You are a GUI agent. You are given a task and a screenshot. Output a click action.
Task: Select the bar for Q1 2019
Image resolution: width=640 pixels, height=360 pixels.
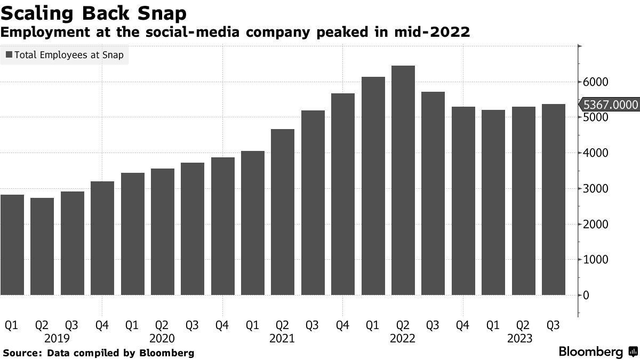pos(12,245)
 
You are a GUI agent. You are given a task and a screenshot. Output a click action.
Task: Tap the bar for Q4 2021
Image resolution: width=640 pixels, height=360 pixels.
pos(343,194)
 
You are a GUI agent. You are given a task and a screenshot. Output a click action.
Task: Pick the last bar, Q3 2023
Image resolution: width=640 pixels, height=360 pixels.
pos(554,199)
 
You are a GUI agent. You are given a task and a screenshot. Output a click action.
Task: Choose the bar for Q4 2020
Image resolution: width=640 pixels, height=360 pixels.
pos(222,226)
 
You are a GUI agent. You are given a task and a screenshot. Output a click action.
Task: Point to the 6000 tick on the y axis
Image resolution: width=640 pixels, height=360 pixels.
pos(595,82)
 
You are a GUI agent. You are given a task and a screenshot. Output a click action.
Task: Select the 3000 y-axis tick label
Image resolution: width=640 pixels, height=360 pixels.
pos(595,189)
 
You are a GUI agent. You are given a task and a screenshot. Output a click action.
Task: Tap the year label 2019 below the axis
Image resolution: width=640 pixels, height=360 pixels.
pos(57,338)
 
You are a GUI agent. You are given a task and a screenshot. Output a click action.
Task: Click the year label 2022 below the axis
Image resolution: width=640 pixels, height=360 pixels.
pos(403,338)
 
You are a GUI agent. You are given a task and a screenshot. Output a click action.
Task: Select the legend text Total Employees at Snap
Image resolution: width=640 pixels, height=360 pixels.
pos(69,54)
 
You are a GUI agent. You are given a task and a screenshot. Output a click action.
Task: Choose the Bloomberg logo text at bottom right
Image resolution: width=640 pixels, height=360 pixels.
pos(590,352)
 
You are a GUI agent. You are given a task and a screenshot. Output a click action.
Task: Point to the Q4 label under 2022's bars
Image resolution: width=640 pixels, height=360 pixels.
pos(463,325)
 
